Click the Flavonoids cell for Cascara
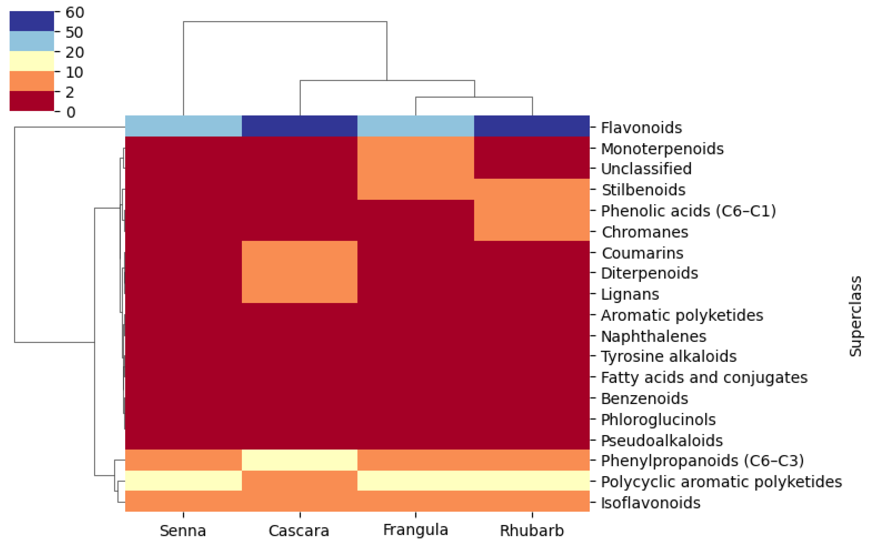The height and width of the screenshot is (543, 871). pos(300,126)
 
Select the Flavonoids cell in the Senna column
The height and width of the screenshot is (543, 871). pos(183,126)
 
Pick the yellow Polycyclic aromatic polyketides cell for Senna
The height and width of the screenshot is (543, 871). pos(183,481)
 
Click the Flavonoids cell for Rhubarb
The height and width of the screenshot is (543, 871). pos(532,126)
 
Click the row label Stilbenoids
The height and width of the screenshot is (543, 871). pos(643,190)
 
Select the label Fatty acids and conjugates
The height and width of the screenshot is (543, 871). pos(704,377)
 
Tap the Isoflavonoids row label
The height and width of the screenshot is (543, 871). pos(651,503)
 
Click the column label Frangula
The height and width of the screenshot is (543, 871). pos(416,530)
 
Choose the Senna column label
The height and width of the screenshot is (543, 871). pos(183,530)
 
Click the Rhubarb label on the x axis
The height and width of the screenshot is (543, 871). pos(532,530)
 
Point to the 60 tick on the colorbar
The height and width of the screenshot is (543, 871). pos(74,13)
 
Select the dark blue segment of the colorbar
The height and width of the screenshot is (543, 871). pos(32,21)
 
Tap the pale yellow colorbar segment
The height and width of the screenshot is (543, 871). pos(32,61)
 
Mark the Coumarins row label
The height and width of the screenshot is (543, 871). pos(642,253)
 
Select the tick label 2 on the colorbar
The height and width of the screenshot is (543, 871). pos(70,93)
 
